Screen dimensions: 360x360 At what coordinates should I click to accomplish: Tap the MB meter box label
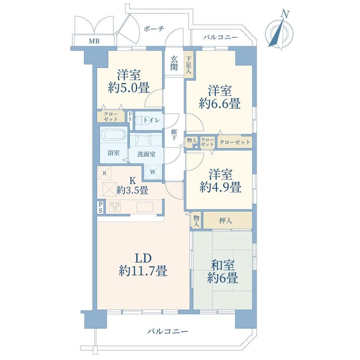click(x=94, y=41)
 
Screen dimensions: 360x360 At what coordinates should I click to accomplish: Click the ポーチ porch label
click(x=154, y=29)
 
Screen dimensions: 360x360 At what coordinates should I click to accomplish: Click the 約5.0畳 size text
click(x=129, y=88)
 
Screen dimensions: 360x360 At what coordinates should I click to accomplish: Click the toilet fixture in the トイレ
click(x=141, y=120)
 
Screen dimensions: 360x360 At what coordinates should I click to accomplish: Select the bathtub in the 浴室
click(x=113, y=135)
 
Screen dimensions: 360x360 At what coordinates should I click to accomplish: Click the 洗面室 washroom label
click(x=146, y=154)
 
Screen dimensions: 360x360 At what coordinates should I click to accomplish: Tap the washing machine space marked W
click(x=153, y=171)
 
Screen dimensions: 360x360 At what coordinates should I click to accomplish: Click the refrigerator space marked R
click(x=104, y=173)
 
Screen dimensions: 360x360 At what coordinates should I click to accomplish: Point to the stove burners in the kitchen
click(x=115, y=207)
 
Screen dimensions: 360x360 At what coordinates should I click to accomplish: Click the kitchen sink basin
click(x=145, y=207)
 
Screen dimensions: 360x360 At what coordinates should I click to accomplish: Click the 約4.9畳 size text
click(x=220, y=187)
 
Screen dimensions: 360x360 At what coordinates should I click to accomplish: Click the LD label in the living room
click(x=143, y=258)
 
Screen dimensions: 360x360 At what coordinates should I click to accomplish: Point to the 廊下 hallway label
click(x=174, y=135)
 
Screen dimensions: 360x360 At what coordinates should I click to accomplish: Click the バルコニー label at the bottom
click(x=167, y=331)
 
